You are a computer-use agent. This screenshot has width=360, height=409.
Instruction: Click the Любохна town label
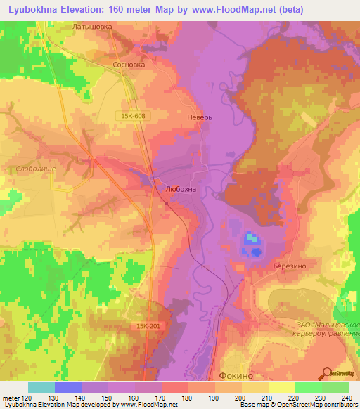(x=180, y=189)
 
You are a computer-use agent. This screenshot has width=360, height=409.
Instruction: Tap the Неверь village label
(x=200, y=118)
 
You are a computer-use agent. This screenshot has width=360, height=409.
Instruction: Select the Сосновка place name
(x=129, y=64)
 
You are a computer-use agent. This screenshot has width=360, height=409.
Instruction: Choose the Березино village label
(x=288, y=266)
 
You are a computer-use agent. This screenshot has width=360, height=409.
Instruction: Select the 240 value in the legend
(x=346, y=398)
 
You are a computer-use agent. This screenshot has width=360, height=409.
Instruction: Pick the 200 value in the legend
(x=240, y=398)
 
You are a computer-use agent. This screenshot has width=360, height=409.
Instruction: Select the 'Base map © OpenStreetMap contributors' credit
(x=297, y=405)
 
